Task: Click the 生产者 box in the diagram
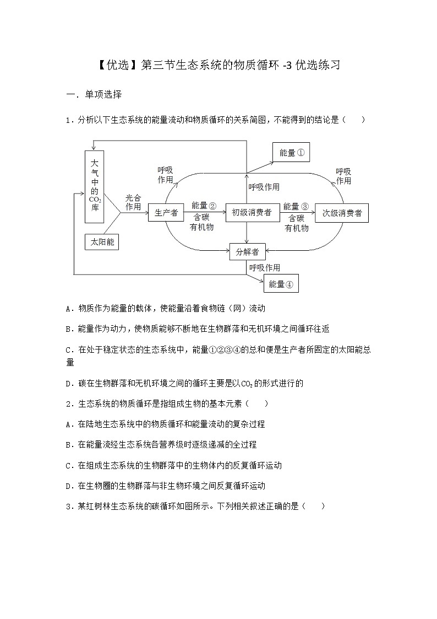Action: click(x=165, y=212)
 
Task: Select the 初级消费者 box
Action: click(x=251, y=212)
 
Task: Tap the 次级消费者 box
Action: click(x=342, y=213)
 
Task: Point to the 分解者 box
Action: click(x=247, y=252)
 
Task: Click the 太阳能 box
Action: click(x=102, y=241)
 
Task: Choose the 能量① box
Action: click(x=291, y=153)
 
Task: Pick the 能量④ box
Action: click(x=281, y=284)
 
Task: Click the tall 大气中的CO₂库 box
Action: click(x=95, y=187)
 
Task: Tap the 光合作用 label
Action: click(x=133, y=202)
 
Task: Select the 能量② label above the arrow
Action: click(x=204, y=206)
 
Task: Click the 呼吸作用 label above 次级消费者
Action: click(x=343, y=176)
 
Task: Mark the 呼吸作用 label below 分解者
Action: click(x=264, y=268)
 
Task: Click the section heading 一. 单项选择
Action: click(x=94, y=94)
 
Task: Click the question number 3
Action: click(x=68, y=507)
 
